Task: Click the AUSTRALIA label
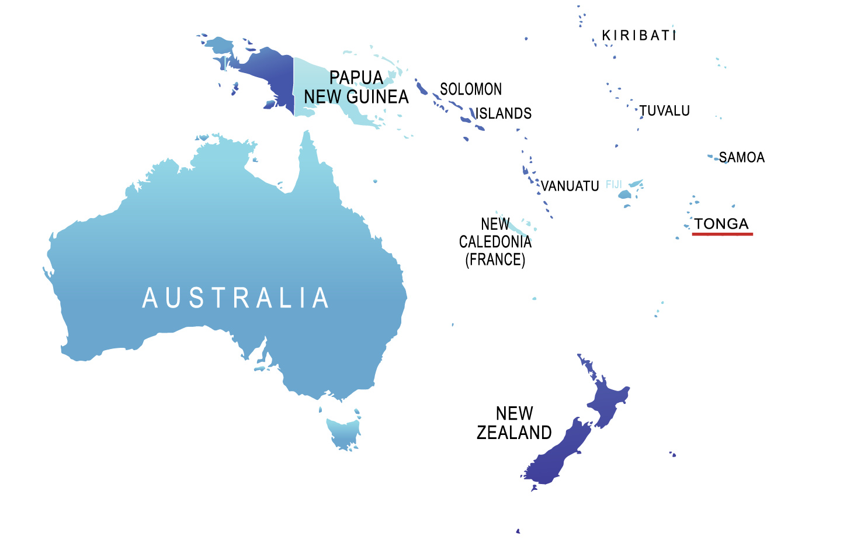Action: click(235, 298)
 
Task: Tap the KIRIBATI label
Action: click(639, 36)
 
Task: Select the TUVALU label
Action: click(665, 110)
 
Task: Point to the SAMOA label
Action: click(742, 157)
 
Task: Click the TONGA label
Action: click(722, 223)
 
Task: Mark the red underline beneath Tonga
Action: click(723, 234)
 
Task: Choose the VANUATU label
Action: click(570, 186)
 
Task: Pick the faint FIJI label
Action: click(614, 185)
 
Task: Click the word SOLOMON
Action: click(471, 89)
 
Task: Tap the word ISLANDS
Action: click(504, 113)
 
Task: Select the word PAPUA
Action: click(356, 78)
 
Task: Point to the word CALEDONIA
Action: click(495, 242)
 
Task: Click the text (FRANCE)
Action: click(495, 260)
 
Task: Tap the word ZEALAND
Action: click(514, 433)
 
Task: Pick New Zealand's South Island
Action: click(555, 456)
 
